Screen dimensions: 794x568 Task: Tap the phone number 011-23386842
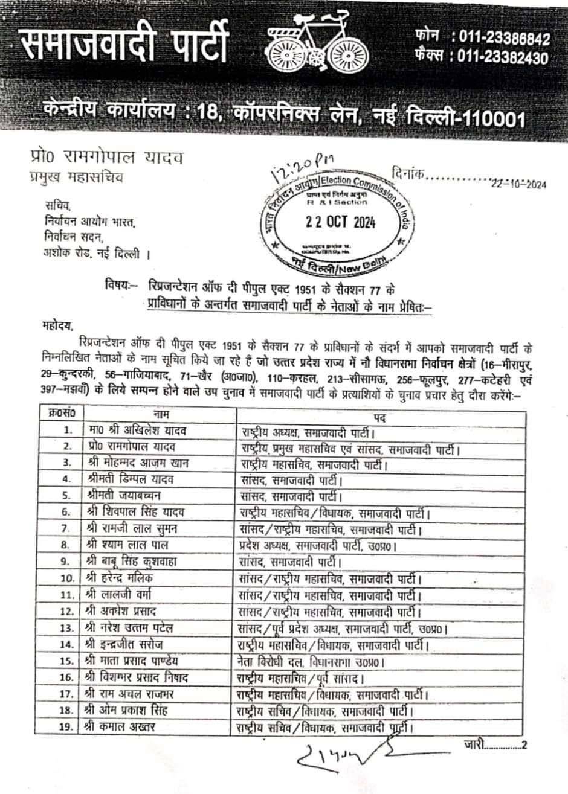pos(504,39)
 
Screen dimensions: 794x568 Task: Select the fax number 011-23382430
pos(504,58)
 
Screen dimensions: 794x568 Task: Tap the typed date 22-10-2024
pos(518,185)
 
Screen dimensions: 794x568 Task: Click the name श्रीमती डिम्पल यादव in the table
pos(130,480)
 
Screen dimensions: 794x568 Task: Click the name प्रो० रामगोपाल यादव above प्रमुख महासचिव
pos(106,159)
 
